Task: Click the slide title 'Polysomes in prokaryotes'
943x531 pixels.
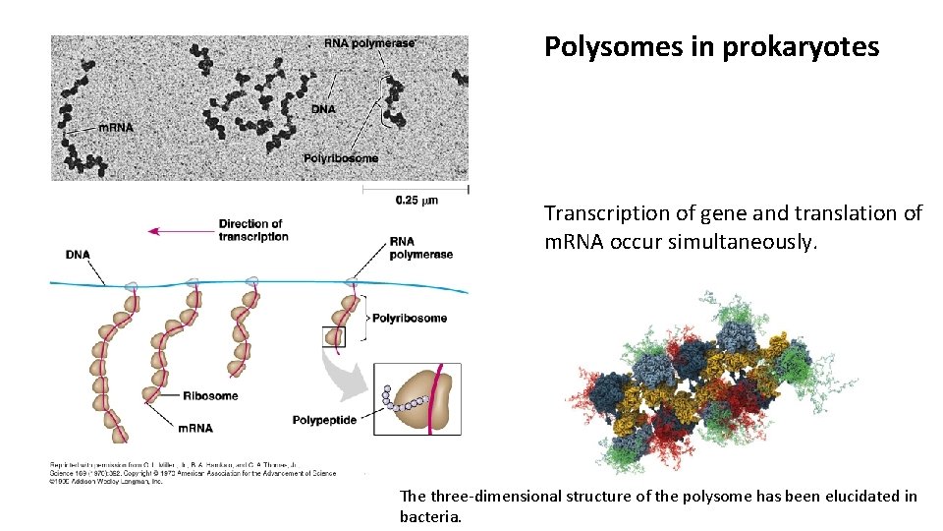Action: pos(711,47)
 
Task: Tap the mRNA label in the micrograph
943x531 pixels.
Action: pos(115,127)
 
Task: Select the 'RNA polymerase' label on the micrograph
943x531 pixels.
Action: pos(369,43)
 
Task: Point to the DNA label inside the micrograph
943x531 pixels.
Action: pos(323,108)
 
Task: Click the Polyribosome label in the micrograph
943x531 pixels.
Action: pos(340,158)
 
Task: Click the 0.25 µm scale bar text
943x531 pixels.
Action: pos(416,201)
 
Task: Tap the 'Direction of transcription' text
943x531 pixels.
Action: pos(250,230)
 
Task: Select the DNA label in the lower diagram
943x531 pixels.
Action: pos(78,255)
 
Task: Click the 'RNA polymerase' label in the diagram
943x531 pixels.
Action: pos(420,248)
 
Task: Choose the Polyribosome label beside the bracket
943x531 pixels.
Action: pos(410,318)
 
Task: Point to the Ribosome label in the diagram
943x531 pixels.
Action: pos(210,396)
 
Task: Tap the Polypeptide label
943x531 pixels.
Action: pos(324,420)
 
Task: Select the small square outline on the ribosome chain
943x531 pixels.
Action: pos(334,337)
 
